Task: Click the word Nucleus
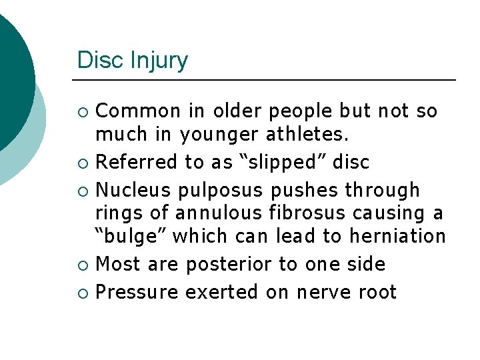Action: (x=133, y=190)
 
